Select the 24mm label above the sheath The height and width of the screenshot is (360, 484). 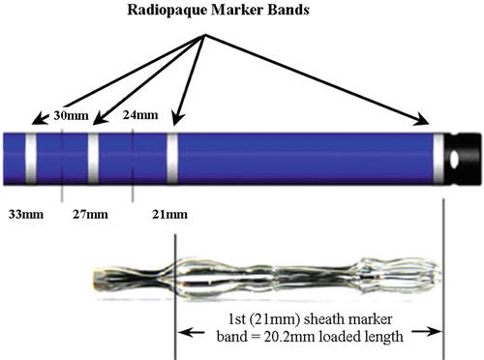point(141,116)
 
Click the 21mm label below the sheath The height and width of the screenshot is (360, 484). point(169,213)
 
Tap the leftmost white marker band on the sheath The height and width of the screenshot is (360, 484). point(31,159)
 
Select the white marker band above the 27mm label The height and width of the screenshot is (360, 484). point(93,159)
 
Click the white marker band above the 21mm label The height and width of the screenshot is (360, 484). point(172,159)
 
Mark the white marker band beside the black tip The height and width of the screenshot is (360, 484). point(439,159)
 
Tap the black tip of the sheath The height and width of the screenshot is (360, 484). point(467,159)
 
